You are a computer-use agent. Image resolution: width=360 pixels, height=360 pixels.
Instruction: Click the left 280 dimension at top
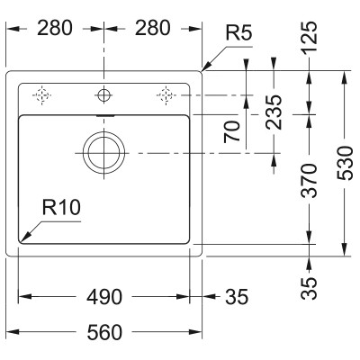coord(55,28)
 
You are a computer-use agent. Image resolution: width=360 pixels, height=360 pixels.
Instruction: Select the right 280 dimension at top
coord(152,28)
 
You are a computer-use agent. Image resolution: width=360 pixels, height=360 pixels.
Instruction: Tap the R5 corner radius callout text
coord(238,33)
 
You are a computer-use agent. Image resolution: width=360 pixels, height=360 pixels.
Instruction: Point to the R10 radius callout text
coord(61,208)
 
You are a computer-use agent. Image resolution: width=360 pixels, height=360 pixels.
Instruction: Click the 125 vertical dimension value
coord(309,37)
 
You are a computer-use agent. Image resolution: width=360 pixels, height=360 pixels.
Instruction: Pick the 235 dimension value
coord(274,112)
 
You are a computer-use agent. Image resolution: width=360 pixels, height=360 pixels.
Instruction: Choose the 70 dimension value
coord(232,131)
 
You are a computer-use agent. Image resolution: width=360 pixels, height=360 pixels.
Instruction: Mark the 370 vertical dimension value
coord(309,181)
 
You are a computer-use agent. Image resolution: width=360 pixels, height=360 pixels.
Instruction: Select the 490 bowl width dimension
coord(104,297)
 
